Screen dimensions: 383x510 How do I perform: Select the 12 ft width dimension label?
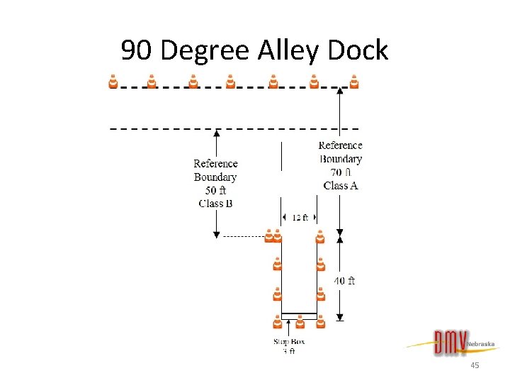(x=300, y=218)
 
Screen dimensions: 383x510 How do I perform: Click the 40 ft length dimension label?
(x=345, y=281)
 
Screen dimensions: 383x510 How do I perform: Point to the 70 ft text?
(x=341, y=172)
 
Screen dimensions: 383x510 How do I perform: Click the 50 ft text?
(x=215, y=190)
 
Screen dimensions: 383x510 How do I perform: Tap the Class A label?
(x=341, y=186)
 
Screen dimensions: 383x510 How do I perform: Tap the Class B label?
(x=215, y=204)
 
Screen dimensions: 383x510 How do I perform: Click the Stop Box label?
(x=289, y=342)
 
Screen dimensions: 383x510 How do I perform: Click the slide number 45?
(x=475, y=365)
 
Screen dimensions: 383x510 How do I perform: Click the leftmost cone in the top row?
(x=113, y=82)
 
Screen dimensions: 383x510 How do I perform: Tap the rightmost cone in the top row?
(x=354, y=82)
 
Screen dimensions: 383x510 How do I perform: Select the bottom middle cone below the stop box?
(x=300, y=323)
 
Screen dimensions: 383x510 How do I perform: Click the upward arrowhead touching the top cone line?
(x=341, y=91)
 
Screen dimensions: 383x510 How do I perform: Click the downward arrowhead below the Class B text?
(x=217, y=234)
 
